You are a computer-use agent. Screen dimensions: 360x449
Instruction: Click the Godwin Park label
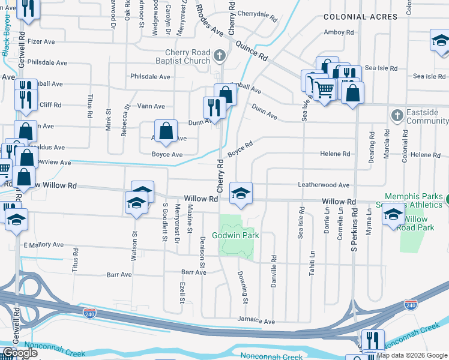[241, 236]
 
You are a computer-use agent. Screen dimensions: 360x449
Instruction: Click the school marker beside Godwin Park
[241, 193]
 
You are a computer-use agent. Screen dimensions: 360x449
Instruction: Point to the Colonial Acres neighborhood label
[360, 17]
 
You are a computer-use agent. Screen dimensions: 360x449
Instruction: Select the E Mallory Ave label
[43, 245]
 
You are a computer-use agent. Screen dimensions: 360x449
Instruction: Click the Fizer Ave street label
[41, 42]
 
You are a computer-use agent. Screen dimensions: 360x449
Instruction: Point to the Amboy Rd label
[339, 32]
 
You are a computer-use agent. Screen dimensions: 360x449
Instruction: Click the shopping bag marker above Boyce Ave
[166, 131]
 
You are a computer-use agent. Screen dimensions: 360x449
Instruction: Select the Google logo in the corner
[20, 353]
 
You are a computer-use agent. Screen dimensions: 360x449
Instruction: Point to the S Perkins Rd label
[355, 229]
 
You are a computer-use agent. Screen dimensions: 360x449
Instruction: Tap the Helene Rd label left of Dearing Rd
[335, 154]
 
